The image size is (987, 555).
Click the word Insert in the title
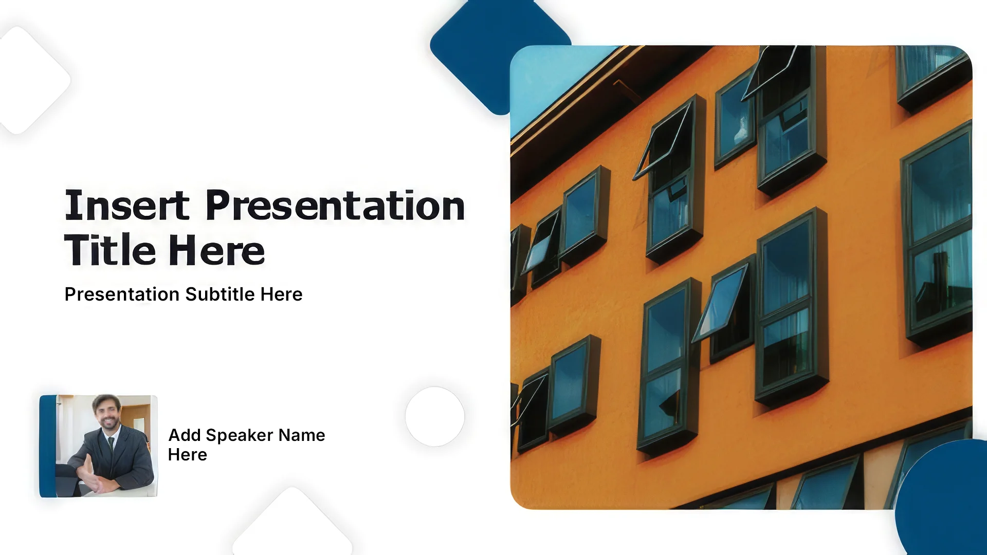[127, 206]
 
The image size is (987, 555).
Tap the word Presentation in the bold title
[335, 206]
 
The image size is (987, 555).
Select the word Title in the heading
[110, 250]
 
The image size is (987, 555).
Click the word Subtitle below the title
[220, 294]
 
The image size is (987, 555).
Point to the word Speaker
[240, 436]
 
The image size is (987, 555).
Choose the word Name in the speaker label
[302, 435]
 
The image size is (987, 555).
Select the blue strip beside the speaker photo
[48, 446]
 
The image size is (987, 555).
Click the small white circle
[435, 417]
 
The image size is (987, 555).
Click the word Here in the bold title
[217, 250]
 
